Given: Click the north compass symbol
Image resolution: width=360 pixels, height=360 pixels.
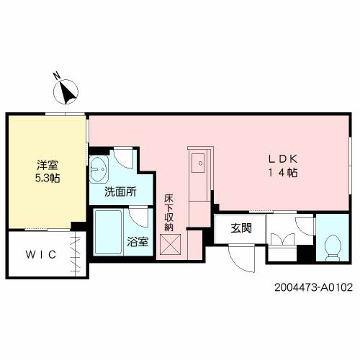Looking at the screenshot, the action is pos(66,92).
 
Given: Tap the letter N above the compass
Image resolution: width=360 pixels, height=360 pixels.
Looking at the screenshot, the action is pos(57,76).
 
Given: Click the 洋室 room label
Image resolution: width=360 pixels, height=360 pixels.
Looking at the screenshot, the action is pos(48,165).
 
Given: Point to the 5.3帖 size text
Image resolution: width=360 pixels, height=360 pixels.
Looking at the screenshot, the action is pos(48,178).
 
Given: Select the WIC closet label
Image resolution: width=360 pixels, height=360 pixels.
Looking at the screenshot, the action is pos(41,255).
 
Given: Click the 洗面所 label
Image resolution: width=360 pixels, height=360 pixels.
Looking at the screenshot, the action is pos(120,192).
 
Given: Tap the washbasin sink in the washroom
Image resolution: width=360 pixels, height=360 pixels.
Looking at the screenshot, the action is pos(99,169).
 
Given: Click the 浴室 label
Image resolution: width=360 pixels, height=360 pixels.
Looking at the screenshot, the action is pos(138,242).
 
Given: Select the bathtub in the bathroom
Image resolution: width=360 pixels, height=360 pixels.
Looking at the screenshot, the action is pos(108,232).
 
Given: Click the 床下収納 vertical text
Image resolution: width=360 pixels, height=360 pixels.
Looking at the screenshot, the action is pos(168,212).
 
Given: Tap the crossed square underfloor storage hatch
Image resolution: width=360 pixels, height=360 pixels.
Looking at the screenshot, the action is pos(170,245).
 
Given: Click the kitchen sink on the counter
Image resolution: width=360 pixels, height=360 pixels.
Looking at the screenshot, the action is pos(198,163).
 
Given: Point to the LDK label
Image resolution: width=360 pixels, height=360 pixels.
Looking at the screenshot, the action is pos(283,159).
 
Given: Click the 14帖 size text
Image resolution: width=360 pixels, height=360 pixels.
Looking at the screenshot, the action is pos(283,173).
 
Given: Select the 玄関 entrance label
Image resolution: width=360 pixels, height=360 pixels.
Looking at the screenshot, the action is pos(241,228).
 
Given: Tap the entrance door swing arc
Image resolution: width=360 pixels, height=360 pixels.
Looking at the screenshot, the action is pos(238,264).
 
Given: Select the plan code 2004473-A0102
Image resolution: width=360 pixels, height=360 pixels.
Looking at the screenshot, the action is pos(313,287).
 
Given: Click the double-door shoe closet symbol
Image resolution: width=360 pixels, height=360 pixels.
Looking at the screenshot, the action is pos(282,239).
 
